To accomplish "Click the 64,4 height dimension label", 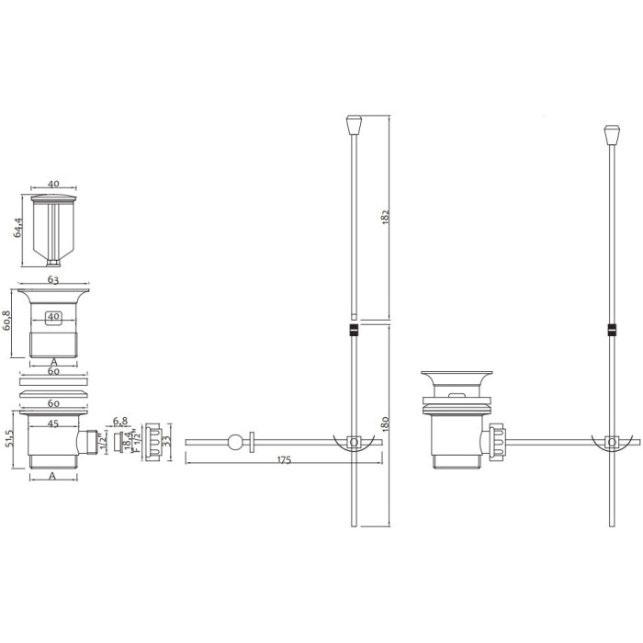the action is pos(17,229).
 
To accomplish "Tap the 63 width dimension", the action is pos(53,279).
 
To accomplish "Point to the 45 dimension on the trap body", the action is pos(53,423).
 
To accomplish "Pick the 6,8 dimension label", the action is pos(120,421).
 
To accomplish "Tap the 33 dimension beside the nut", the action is pos(166,442).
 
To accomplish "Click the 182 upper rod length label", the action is pos(385,216).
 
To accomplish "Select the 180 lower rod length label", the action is pos(385,423).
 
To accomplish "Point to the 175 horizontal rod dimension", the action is pos(284,460).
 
